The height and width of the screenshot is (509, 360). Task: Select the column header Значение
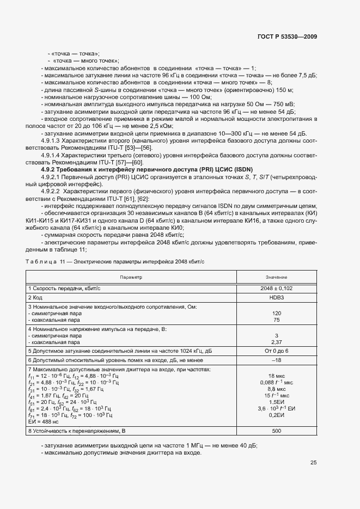[x=277, y=278]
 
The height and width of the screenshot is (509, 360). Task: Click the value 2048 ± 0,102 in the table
[x=277, y=288]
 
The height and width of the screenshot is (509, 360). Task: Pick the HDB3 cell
[x=277, y=298]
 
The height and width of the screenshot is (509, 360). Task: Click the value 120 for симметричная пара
[x=277, y=314]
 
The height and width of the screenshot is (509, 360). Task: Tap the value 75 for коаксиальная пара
[x=277, y=320]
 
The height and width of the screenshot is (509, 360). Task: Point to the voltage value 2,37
[x=277, y=342]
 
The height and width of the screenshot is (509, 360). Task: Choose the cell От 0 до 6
[x=277, y=352]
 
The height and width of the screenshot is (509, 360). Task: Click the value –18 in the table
[x=277, y=360]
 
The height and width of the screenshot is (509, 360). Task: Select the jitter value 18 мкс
[x=277, y=376]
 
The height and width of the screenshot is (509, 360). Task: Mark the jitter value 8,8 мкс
[x=277, y=389]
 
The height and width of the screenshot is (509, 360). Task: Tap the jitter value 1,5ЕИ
[x=277, y=402]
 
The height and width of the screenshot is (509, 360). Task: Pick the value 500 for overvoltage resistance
[x=277, y=431]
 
